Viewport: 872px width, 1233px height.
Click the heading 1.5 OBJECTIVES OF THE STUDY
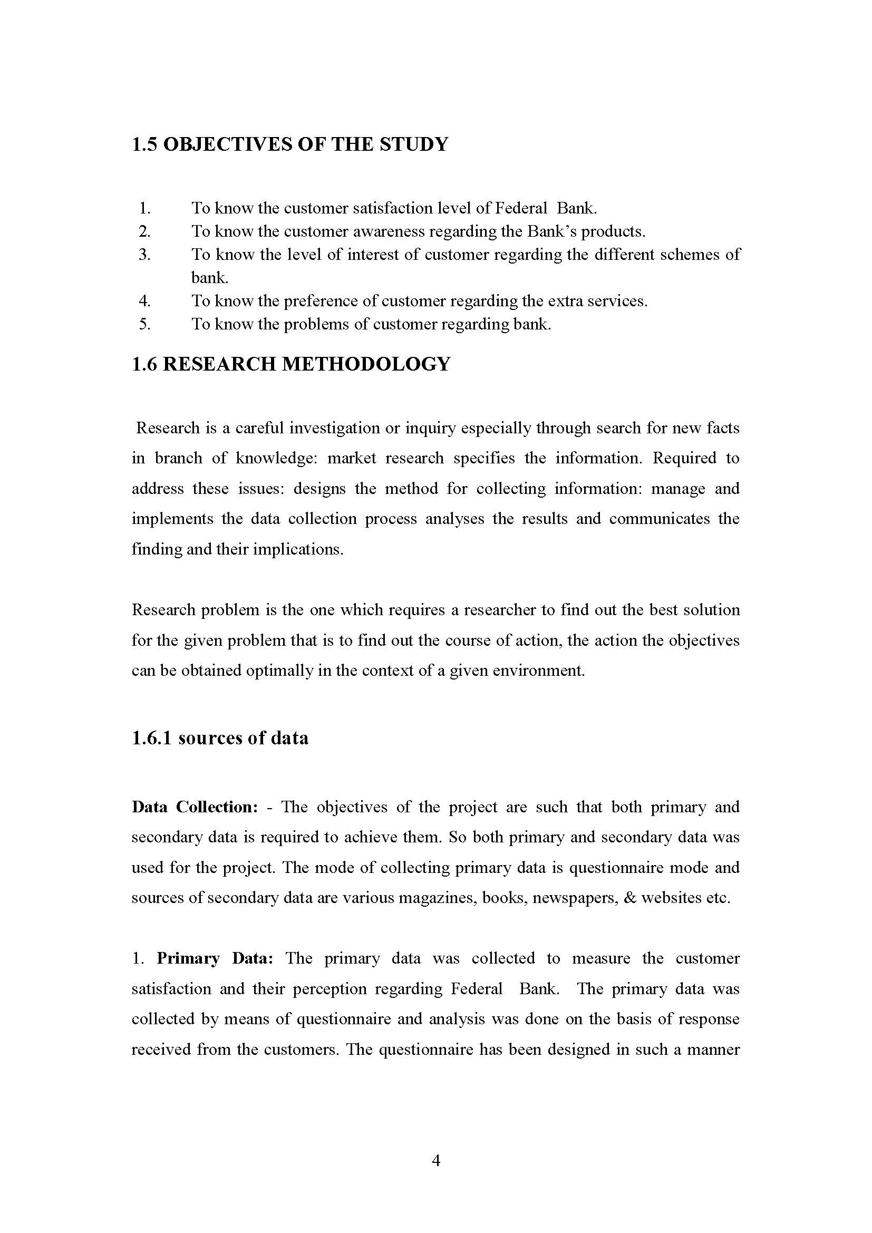coord(289,144)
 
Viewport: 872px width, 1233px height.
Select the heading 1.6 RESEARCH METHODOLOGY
coord(290,364)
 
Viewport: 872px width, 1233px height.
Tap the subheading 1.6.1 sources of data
coord(220,738)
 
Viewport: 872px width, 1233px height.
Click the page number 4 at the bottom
coord(436,1161)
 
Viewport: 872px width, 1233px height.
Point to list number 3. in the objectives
coord(144,254)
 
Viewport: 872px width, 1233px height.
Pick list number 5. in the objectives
coord(144,324)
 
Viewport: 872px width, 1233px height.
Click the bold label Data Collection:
coord(195,807)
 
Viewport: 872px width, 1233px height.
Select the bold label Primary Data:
coord(215,958)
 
